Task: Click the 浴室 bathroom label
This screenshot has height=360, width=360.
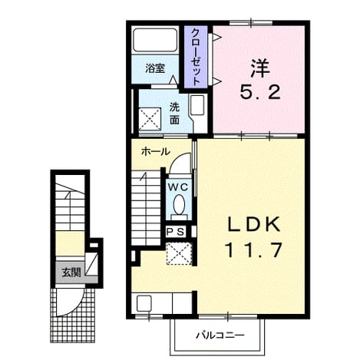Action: [x=155, y=68]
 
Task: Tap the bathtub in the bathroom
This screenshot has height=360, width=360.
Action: [x=155, y=40]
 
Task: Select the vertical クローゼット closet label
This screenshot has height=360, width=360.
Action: [x=196, y=57]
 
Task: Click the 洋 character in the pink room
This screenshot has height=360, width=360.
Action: [x=260, y=68]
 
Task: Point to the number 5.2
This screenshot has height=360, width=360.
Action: [x=260, y=92]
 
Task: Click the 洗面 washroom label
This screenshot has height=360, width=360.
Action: [x=174, y=114]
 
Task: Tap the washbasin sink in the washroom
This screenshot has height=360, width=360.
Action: [x=197, y=105]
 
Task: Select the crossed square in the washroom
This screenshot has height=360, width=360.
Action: [x=150, y=119]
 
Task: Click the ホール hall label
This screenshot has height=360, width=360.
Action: [x=156, y=152]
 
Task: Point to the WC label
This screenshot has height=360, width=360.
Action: [x=178, y=187]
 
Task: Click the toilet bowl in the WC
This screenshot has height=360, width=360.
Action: [x=179, y=204]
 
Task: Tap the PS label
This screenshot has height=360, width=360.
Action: [x=175, y=232]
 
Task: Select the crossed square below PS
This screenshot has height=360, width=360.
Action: [x=179, y=253]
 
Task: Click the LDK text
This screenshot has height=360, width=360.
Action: [x=253, y=224]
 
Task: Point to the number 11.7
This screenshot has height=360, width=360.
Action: [x=253, y=250]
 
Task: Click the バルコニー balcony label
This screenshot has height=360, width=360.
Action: [x=220, y=335]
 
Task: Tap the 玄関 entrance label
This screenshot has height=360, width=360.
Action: [x=71, y=272]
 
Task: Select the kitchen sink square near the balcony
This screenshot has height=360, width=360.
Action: [x=144, y=303]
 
